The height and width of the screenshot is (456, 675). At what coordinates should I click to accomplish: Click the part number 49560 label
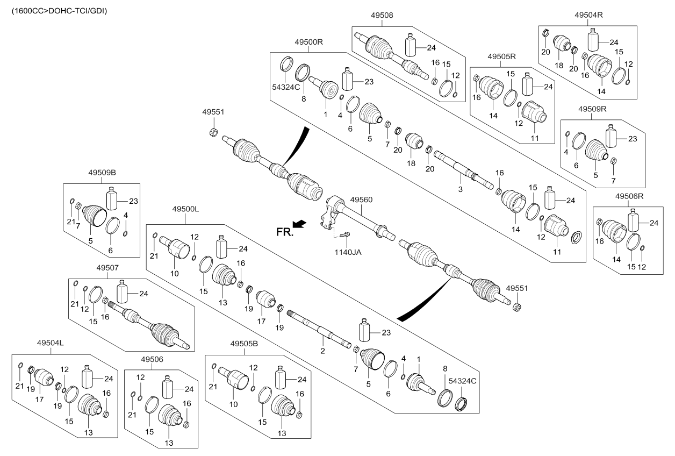click(361, 199)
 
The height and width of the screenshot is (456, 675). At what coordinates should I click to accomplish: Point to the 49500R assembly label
click(308, 41)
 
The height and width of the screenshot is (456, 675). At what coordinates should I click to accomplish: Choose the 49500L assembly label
click(186, 208)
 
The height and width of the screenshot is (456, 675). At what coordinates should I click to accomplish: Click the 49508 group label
click(382, 16)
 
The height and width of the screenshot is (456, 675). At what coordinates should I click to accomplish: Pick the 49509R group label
click(592, 109)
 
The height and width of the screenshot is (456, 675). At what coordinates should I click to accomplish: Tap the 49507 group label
click(107, 267)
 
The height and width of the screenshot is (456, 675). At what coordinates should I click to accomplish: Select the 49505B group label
click(245, 343)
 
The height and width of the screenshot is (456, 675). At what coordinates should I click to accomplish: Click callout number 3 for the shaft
click(460, 189)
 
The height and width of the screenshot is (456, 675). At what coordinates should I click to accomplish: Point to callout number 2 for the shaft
click(322, 351)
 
